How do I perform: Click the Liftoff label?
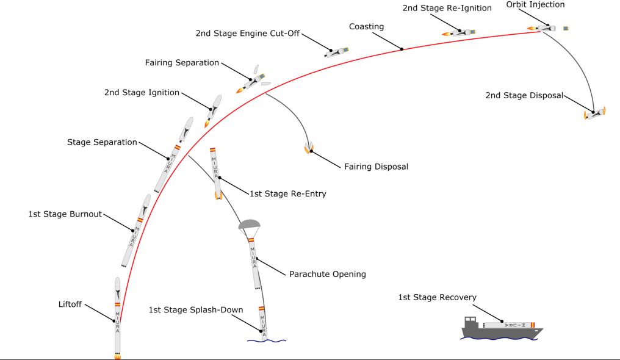tap(70, 304)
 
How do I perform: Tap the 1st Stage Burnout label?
tap(65, 214)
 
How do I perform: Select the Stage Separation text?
tap(102, 142)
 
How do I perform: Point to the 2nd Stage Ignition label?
tap(142, 93)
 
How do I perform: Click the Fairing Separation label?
tap(182, 63)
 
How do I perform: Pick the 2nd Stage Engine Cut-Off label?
tap(248, 33)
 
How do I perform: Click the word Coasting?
tap(366, 27)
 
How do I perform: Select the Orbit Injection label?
tap(535, 5)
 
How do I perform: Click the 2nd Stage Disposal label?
tap(524, 96)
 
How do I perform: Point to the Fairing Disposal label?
tap(376, 167)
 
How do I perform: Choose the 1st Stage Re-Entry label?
tap(287, 194)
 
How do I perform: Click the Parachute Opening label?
tap(328, 274)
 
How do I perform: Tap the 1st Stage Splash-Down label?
tap(196, 310)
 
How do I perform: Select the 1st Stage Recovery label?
tap(437, 297)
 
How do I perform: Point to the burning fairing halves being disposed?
tap(309, 147)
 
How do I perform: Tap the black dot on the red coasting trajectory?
tap(402, 48)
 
